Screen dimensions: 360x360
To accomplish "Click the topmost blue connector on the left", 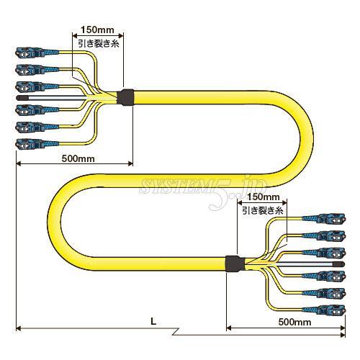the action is tap(37, 53).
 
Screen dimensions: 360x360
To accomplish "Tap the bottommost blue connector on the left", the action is tap(37, 144).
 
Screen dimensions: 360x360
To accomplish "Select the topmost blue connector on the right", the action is tap(323, 219).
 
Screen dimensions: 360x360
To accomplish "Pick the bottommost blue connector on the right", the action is tap(323, 310).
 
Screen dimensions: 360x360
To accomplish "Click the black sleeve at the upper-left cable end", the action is tap(125, 97).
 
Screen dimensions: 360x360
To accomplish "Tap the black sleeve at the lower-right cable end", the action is tap(235, 264).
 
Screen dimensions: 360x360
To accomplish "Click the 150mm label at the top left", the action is tap(97, 30).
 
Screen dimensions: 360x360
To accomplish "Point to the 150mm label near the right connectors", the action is tap(264, 197).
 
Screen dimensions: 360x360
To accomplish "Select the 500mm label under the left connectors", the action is tap(78, 158).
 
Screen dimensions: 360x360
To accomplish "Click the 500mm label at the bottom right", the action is tap(294, 322).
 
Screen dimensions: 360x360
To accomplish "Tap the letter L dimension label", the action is tap(153, 321).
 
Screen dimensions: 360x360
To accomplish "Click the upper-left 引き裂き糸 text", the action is tap(99, 43).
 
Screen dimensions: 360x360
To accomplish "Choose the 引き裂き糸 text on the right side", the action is tap(263, 211).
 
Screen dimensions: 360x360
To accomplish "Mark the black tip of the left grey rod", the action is tap(22, 98).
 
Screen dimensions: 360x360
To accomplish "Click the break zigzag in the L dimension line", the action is tap(175, 331).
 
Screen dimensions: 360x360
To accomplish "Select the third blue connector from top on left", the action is tap(37, 87).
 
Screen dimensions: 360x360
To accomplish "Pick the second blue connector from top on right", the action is tap(323, 235).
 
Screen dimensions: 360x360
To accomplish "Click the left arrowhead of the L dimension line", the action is tap(19, 328).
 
